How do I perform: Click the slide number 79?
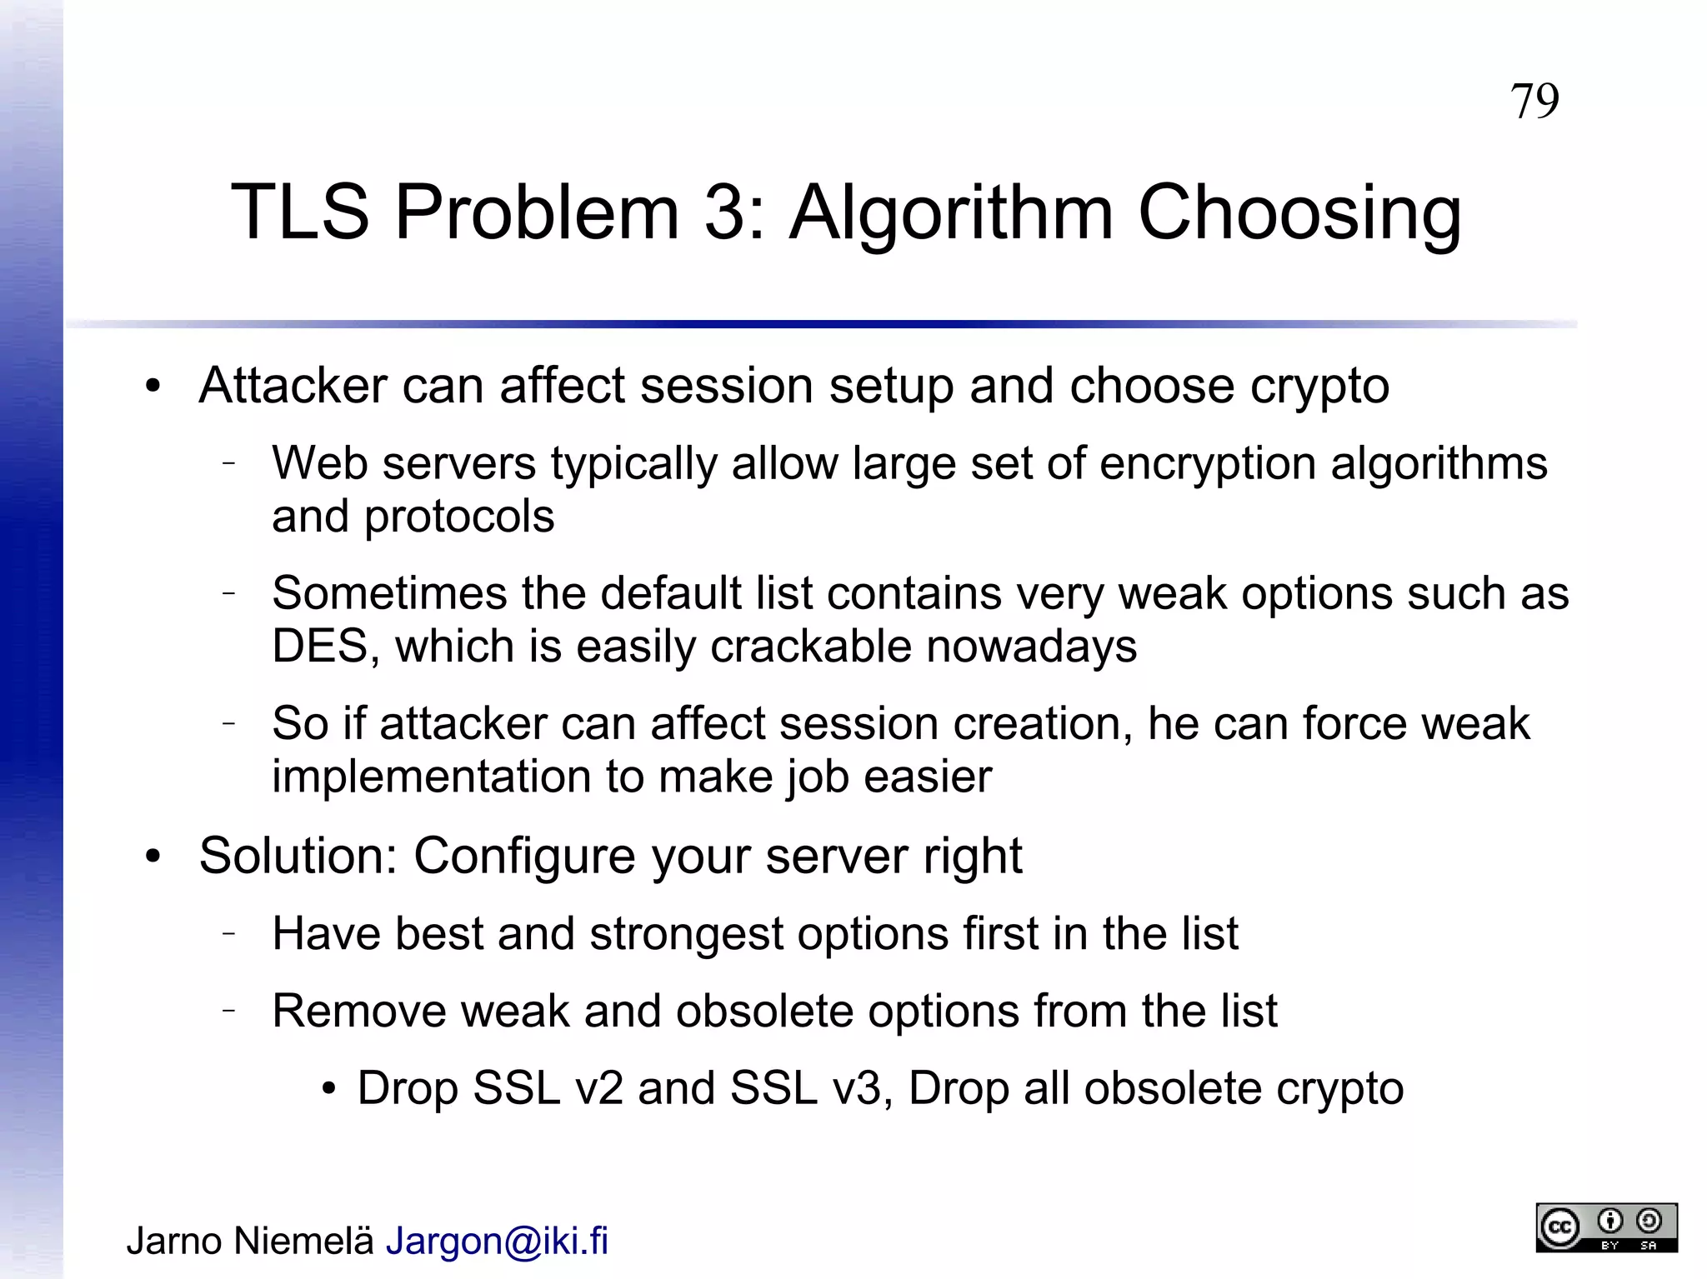click(x=1534, y=102)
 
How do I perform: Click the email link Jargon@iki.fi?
click(x=497, y=1241)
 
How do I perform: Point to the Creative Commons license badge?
click(x=1606, y=1227)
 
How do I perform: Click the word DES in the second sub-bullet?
click(x=320, y=646)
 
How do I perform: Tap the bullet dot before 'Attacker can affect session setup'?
click(x=152, y=387)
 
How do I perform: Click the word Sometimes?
click(x=389, y=593)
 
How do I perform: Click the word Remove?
click(x=359, y=1011)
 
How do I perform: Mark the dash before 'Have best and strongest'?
click(x=229, y=933)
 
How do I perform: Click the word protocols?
click(x=459, y=517)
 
